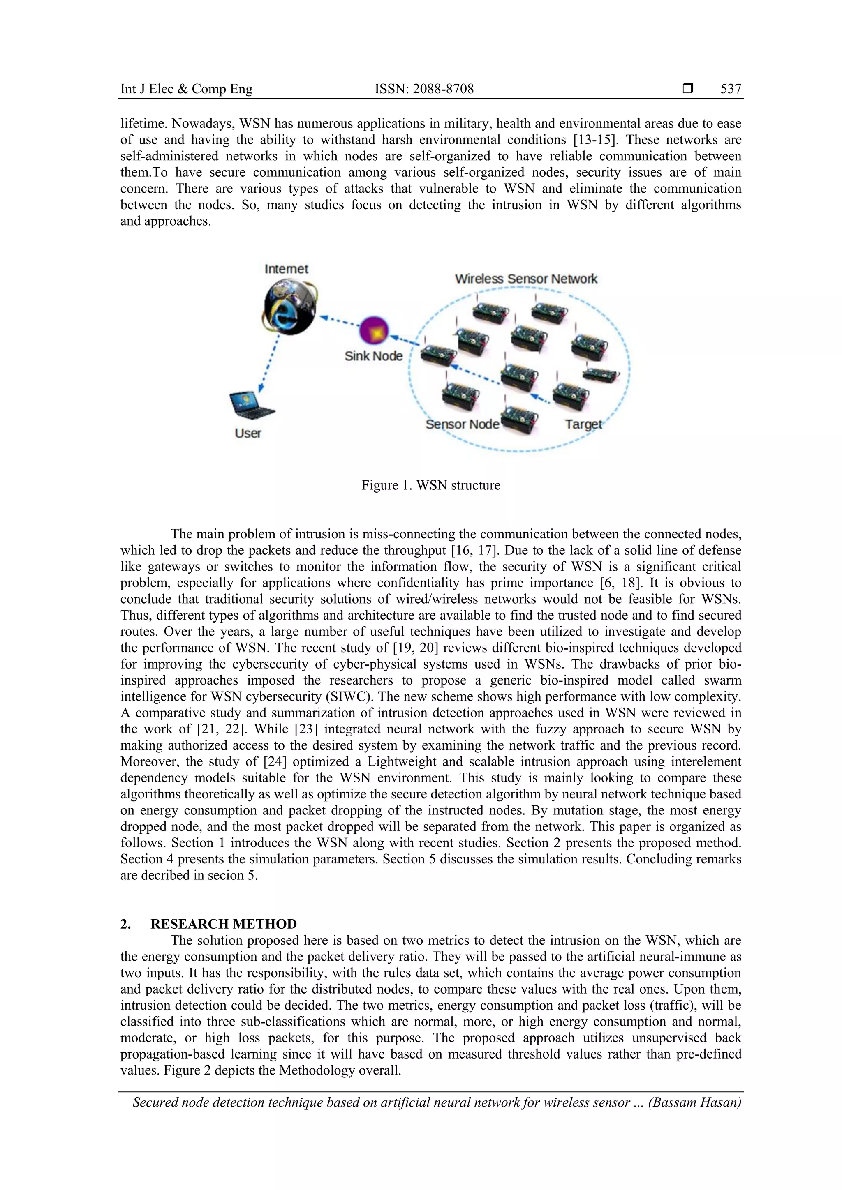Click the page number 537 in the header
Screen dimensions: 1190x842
(731, 89)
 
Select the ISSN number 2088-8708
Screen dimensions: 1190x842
(424, 89)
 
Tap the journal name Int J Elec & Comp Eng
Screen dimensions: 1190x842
(186, 89)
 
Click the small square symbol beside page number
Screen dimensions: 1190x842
(687, 89)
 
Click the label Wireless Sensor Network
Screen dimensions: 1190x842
(526, 279)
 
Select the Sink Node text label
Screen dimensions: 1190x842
(373, 356)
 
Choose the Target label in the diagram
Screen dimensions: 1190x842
(583, 424)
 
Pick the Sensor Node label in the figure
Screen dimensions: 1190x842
(462, 424)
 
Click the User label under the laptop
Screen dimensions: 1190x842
(248, 433)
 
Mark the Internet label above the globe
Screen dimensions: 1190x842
(286, 269)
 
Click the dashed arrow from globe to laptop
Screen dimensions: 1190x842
(270, 363)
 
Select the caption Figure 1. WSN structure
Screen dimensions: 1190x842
(430, 485)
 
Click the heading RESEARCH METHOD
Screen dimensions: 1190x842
(224, 924)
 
